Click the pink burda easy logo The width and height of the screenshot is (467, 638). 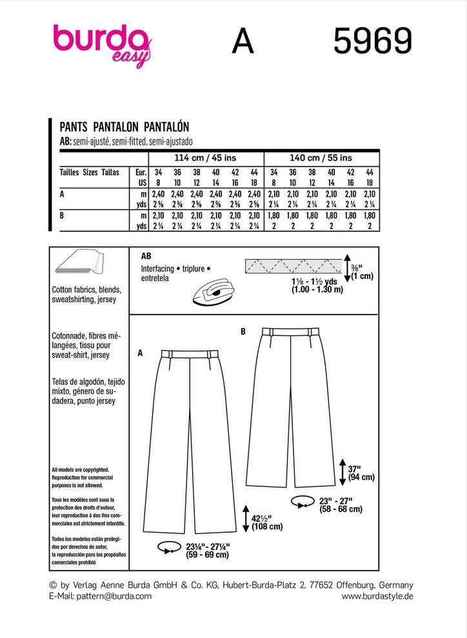(102, 44)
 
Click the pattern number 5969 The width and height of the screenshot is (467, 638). (372, 43)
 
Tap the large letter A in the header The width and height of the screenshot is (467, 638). (243, 43)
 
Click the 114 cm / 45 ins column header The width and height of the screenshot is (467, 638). (206, 158)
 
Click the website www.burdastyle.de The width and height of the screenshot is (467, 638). (377, 596)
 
